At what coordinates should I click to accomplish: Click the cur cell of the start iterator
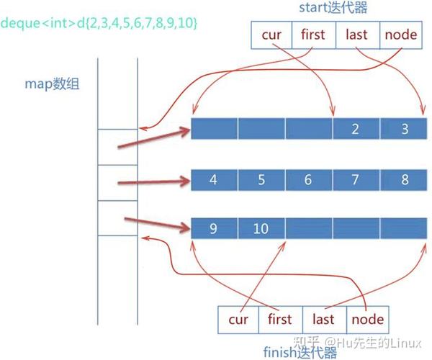[271, 35]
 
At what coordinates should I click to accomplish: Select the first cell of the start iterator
[313, 35]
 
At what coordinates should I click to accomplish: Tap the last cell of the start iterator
[357, 35]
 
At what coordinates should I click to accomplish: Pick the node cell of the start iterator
[400, 35]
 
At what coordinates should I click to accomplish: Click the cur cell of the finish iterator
[238, 319]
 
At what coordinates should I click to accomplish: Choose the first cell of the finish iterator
[279, 319]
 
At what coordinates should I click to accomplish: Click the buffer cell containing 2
[356, 130]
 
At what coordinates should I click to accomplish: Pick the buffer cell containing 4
[214, 179]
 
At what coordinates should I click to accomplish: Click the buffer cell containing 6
[308, 179]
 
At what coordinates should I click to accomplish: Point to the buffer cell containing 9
[214, 229]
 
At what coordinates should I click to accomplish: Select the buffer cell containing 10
[261, 229]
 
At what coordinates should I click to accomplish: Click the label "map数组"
[51, 84]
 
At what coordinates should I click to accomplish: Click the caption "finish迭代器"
[301, 351]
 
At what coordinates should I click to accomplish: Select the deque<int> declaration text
[99, 23]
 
